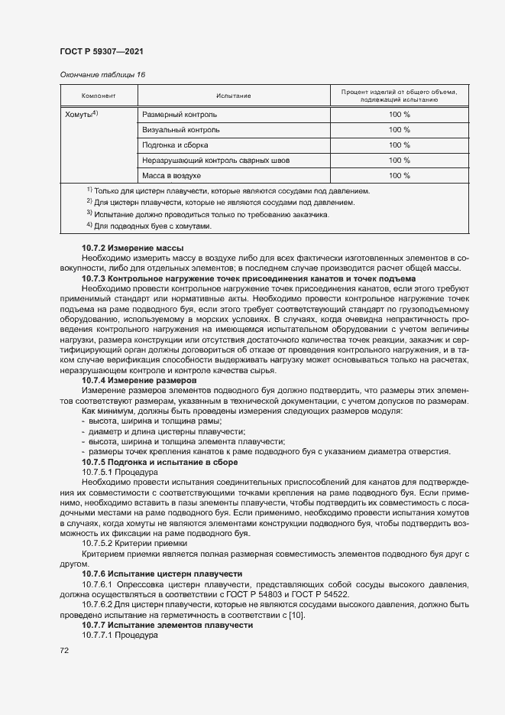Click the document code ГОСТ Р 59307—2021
(101, 51)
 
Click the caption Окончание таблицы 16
(102, 74)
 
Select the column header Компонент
(99, 96)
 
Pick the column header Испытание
(234, 96)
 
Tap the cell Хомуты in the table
(85, 114)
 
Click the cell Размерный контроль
(180, 115)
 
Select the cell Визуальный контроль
(180, 130)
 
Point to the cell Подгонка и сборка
(176, 145)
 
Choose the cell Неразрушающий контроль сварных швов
(216, 161)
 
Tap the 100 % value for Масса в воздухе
(399, 176)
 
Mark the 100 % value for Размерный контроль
(399, 115)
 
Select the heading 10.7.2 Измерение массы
(132, 249)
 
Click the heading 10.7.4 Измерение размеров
(139, 380)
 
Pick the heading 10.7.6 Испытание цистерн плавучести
(162, 573)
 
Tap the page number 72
(64, 651)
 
